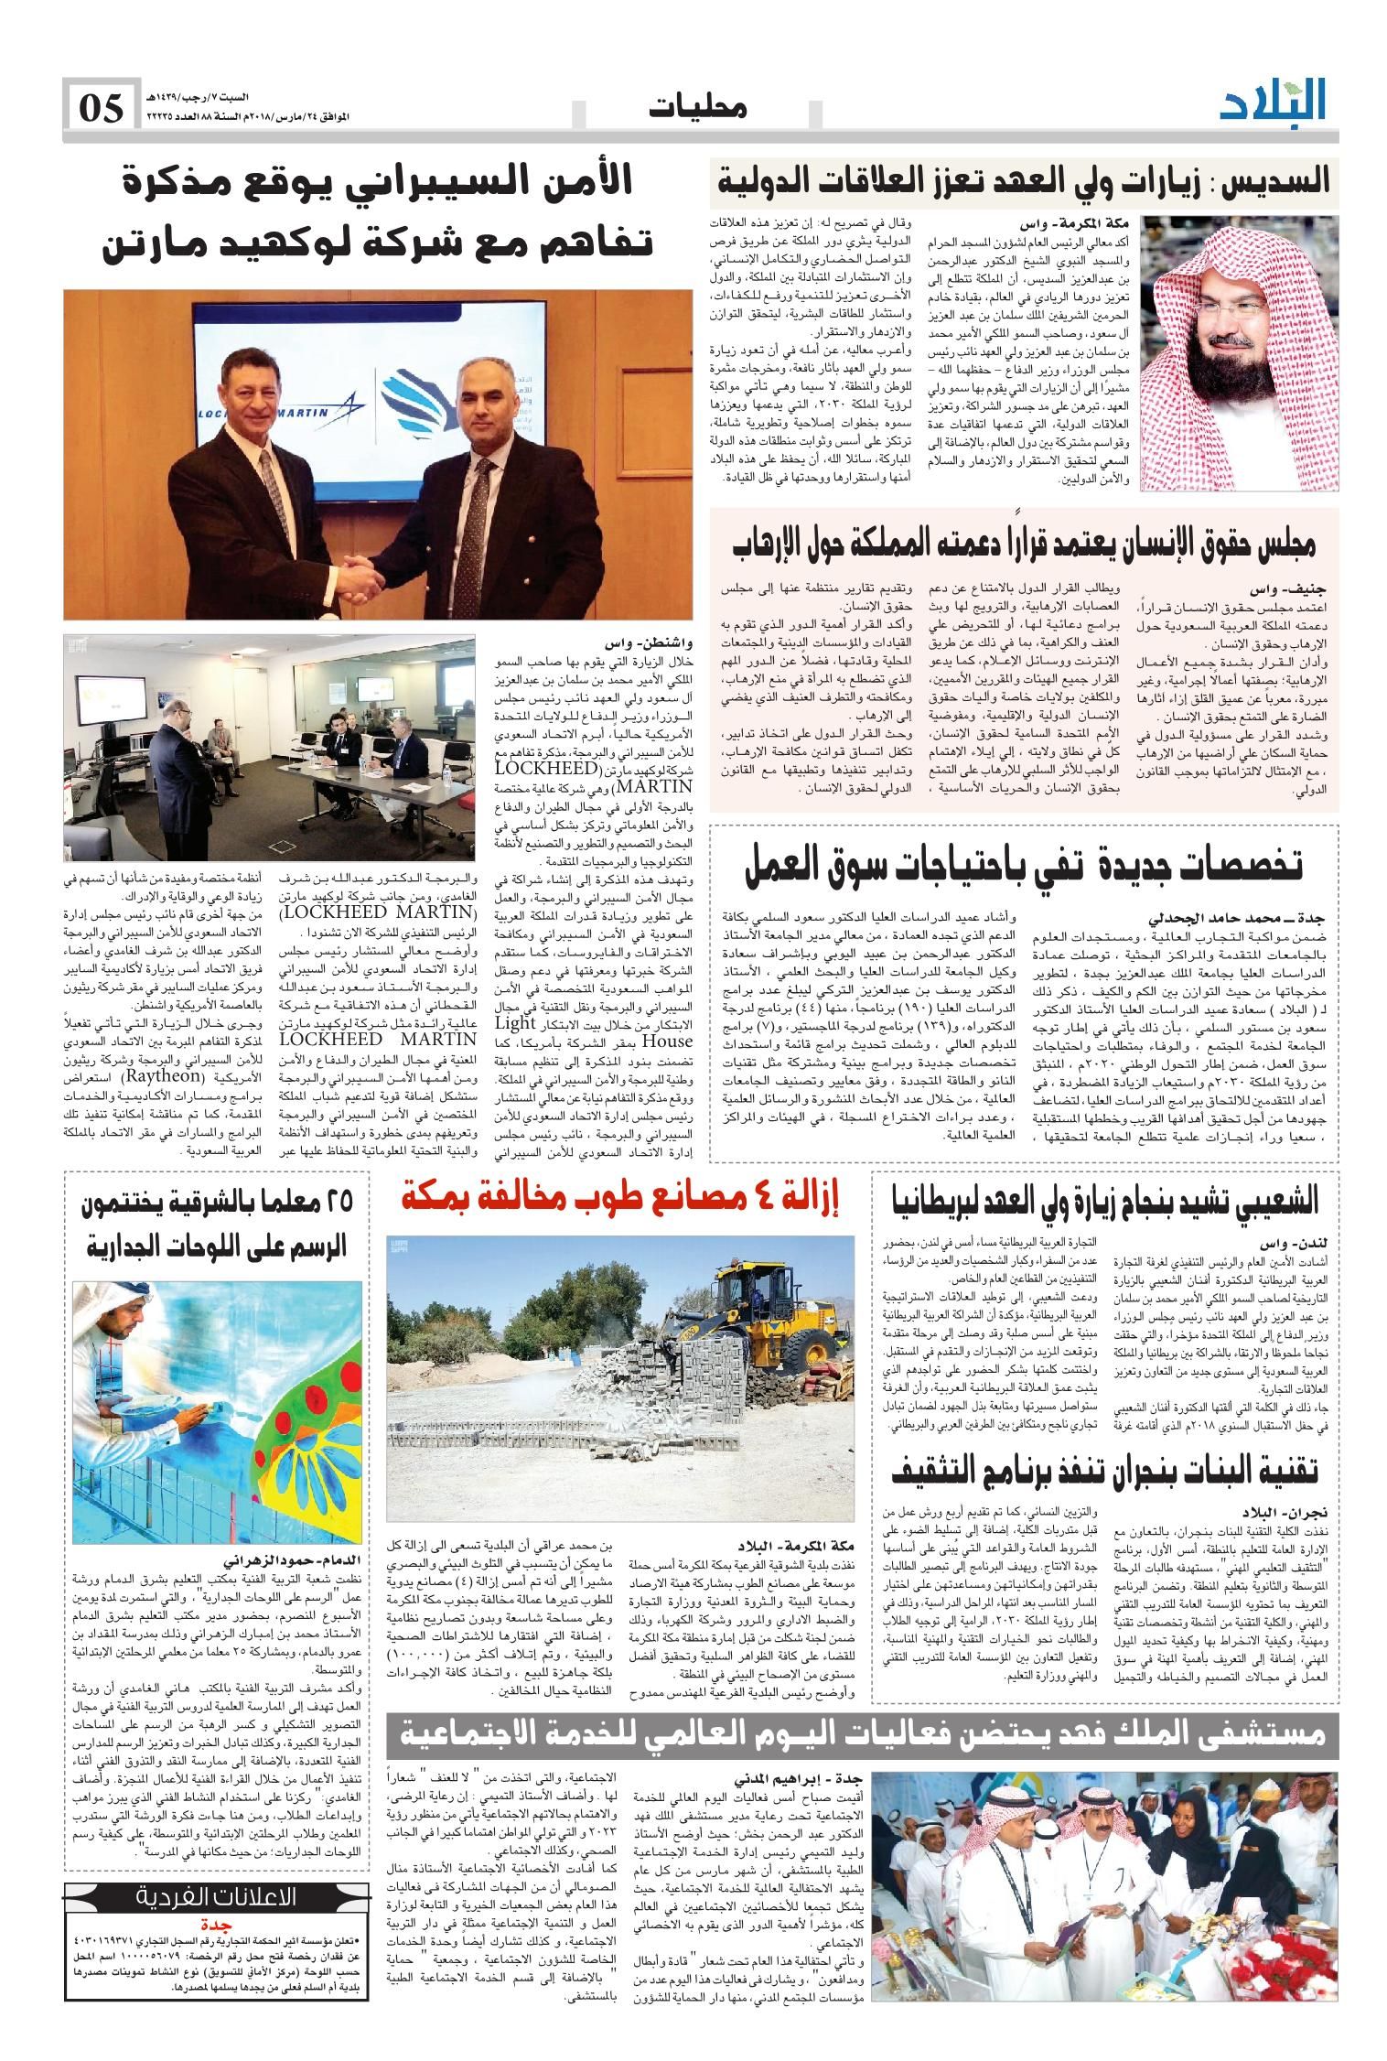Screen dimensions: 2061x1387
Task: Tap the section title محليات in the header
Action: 698,108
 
